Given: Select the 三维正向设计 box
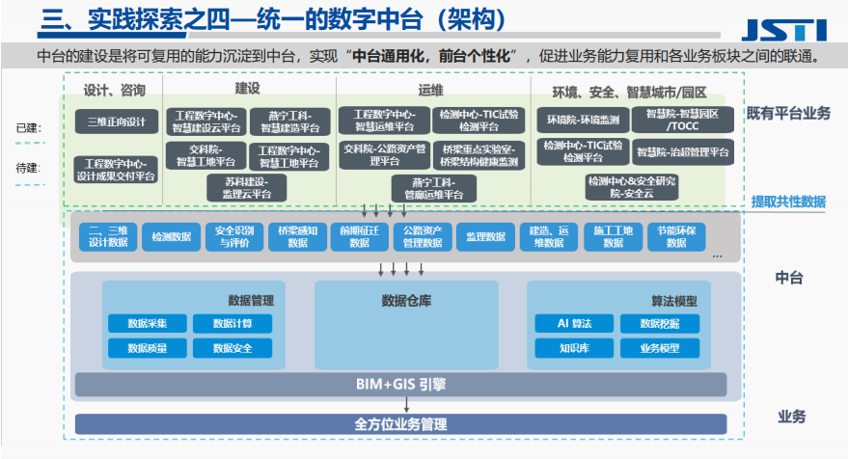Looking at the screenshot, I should tap(116, 121).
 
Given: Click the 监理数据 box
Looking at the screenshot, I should tap(485, 236).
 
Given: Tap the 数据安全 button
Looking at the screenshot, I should tap(233, 348).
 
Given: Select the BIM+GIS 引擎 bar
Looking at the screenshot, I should tap(400, 386).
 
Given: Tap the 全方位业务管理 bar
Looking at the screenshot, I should tap(400, 423).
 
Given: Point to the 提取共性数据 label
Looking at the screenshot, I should tap(788, 202).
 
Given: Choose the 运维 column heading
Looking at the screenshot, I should tap(431, 91).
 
